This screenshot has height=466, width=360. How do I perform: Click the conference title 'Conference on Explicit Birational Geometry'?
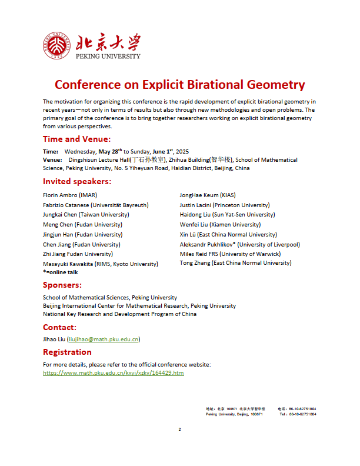180,84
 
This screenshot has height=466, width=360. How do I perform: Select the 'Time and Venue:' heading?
76,139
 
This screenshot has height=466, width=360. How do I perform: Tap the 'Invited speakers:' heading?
77,181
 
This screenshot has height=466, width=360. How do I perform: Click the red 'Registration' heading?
67,352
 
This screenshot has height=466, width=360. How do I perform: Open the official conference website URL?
114,373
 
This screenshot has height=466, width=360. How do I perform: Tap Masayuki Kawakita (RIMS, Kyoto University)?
101,264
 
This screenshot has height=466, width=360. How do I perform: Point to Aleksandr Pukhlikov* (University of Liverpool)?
240,244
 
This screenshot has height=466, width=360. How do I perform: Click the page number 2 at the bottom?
180,429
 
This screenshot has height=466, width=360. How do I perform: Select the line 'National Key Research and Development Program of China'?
120,314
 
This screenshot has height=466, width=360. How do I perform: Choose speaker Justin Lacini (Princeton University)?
225,205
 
